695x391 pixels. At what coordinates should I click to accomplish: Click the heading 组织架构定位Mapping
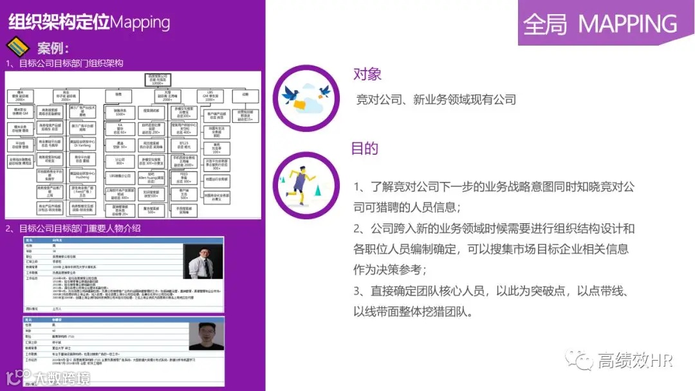(89, 22)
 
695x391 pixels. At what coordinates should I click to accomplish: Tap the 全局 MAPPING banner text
(600, 24)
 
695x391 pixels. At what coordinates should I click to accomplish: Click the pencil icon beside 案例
(18, 47)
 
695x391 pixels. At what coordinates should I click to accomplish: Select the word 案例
(53, 48)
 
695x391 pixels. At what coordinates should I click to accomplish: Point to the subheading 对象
(367, 73)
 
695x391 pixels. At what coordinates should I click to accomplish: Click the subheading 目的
(364, 149)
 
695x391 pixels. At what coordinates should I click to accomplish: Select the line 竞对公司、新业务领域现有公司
(436, 100)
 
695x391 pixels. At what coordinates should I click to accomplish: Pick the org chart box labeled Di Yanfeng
(83, 143)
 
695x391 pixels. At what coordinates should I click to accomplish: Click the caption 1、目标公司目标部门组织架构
(64, 63)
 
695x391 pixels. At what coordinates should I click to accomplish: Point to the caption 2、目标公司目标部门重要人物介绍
(73, 228)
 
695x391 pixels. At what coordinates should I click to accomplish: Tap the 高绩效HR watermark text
(635, 360)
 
